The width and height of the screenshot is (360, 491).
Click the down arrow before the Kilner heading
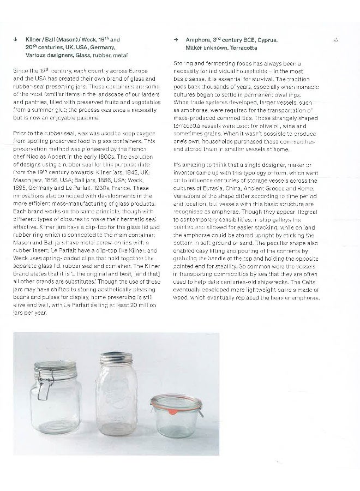click(x=15, y=40)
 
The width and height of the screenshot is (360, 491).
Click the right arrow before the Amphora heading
click(x=176, y=40)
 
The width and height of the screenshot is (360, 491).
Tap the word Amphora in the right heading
click(x=197, y=40)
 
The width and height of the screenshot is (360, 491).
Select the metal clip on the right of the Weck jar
click(x=201, y=410)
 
